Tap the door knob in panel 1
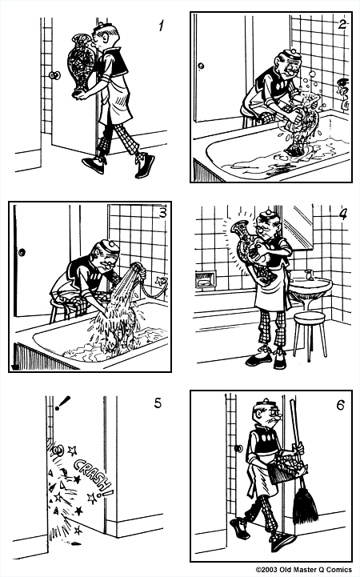click(x=54, y=75)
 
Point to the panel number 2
click(x=342, y=24)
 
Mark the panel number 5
click(x=158, y=403)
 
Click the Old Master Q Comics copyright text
click(x=306, y=570)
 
